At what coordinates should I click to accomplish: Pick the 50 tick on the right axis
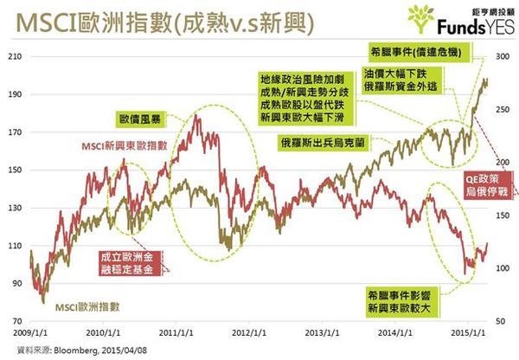[x=502, y=320]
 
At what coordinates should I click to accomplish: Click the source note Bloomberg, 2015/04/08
[x=74, y=349]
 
